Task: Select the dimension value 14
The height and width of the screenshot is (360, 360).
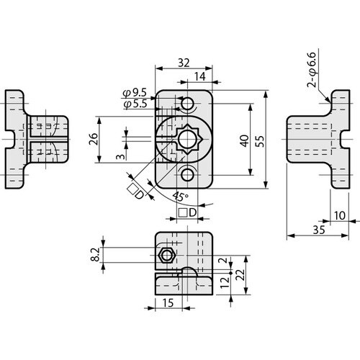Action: click(198, 76)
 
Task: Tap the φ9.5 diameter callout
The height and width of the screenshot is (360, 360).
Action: click(135, 93)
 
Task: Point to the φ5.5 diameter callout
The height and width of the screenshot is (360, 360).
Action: click(135, 105)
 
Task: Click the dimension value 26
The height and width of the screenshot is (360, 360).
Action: click(94, 139)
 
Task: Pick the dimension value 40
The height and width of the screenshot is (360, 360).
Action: click(244, 140)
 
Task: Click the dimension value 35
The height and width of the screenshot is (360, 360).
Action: click(318, 229)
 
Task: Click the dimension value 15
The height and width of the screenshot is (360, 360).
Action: click(167, 303)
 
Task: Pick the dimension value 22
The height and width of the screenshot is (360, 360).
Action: click(249, 274)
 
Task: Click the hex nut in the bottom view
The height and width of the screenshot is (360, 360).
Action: click(166, 254)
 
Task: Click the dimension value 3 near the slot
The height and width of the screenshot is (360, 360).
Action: click(120, 155)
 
